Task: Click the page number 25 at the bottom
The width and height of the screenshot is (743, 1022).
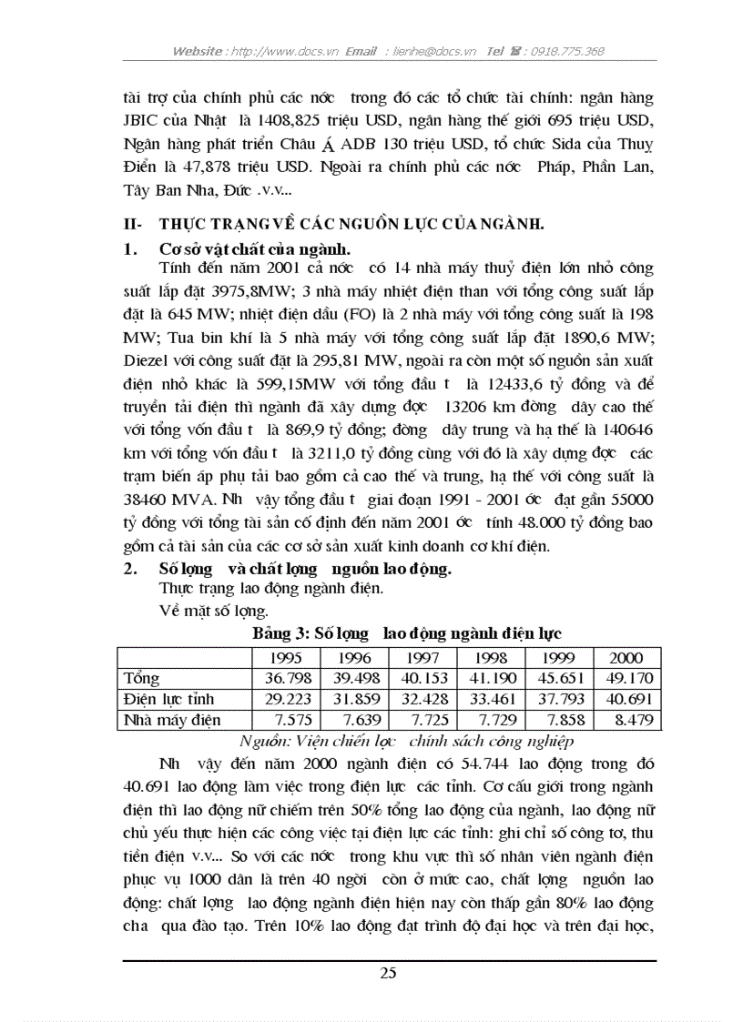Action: point(388,973)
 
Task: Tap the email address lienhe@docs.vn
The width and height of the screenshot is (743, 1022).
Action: point(432,52)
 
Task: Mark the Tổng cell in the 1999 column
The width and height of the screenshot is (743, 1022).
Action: point(559,679)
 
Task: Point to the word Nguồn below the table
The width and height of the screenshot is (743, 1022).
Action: point(262,740)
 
